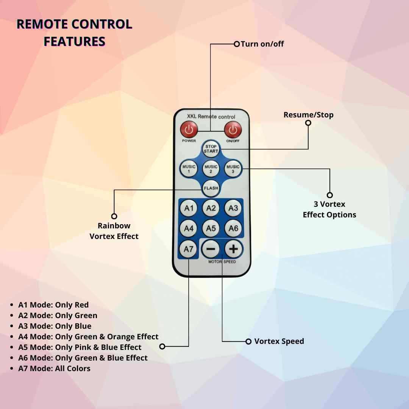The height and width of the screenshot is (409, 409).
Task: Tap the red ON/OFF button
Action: (x=233, y=130)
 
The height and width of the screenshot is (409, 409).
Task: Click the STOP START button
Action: (x=211, y=149)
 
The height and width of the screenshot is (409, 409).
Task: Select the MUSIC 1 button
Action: (x=189, y=169)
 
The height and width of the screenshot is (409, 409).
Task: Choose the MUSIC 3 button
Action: (x=233, y=169)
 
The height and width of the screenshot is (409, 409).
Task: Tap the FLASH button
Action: (x=211, y=188)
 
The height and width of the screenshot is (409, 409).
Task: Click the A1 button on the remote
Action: (x=189, y=208)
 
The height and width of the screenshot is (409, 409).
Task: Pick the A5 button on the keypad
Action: (x=211, y=228)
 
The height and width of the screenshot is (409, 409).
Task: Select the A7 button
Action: (x=189, y=249)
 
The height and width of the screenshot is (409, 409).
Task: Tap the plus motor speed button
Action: (x=234, y=249)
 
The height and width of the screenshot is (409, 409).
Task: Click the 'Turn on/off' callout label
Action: (x=262, y=44)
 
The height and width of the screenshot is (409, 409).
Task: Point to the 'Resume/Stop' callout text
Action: (x=308, y=115)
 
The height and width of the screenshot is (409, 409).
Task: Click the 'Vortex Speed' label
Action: (x=279, y=341)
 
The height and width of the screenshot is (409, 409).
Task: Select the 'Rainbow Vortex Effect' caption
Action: (x=114, y=231)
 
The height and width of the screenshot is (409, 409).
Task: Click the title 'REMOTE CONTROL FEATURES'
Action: (x=75, y=33)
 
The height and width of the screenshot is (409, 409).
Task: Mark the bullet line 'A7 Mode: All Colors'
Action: (x=54, y=368)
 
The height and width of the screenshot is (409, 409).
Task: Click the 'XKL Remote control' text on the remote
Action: (x=211, y=117)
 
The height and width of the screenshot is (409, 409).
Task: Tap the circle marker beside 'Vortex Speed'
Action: (x=248, y=342)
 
